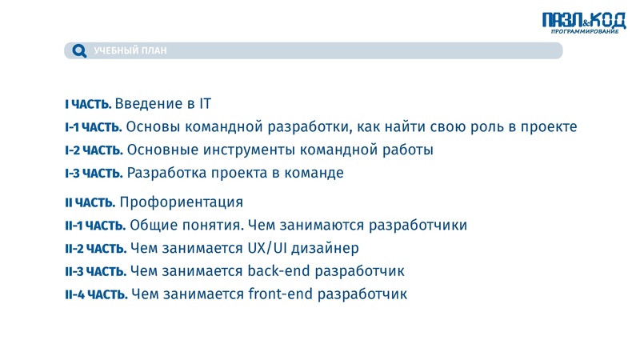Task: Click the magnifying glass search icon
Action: [78, 51]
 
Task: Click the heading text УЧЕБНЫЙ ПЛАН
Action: [130, 51]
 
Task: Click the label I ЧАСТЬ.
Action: [88, 104]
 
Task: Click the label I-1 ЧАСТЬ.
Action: [93, 127]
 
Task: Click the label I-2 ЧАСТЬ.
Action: [94, 150]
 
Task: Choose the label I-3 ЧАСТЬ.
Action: [94, 173]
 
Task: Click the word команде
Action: [314, 172]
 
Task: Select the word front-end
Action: [281, 294]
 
